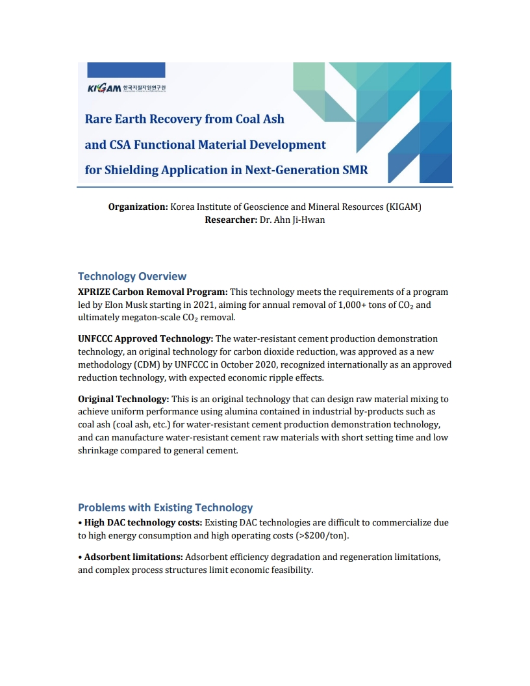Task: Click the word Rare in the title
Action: tap(99, 119)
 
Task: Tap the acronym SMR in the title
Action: tap(355, 170)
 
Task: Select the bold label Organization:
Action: tap(138, 207)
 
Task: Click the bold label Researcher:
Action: tap(231, 220)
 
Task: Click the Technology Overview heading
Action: tap(132, 276)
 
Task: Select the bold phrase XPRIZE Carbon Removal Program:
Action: tap(153, 292)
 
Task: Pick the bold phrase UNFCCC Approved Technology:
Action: tap(145, 338)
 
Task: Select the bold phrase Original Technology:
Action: tap(123, 399)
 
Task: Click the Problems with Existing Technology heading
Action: tap(165, 507)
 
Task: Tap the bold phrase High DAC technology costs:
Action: tap(143, 522)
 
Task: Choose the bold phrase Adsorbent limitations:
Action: tap(133, 557)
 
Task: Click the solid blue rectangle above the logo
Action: tap(126, 70)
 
